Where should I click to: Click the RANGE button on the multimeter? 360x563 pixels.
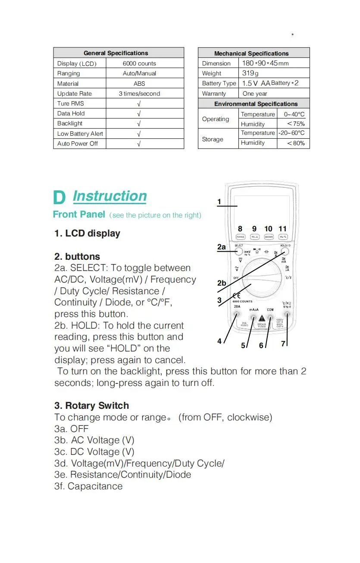(x=241, y=237)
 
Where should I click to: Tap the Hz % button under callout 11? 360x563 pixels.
(x=283, y=237)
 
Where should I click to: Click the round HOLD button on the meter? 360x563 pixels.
(x=285, y=253)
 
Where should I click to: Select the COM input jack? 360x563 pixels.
(x=270, y=318)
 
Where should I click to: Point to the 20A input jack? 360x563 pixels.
(x=237, y=315)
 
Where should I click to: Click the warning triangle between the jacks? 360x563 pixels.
(x=262, y=318)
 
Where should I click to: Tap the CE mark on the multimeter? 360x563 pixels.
(x=236, y=295)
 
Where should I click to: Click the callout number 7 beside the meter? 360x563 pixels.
(x=283, y=343)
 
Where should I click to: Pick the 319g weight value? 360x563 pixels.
(x=250, y=73)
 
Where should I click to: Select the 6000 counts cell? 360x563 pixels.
(x=139, y=63)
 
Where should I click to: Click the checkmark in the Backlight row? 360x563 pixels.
(x=139, y=124)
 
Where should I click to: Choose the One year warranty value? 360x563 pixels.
(x=255, y=93)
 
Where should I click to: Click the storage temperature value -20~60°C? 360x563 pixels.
(x=291, y=133)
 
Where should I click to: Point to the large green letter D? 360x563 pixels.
(x=59, y=198)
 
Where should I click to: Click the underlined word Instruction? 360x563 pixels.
(x=110, y=196)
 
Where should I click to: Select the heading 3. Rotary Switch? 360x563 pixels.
(x=91, y=405)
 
